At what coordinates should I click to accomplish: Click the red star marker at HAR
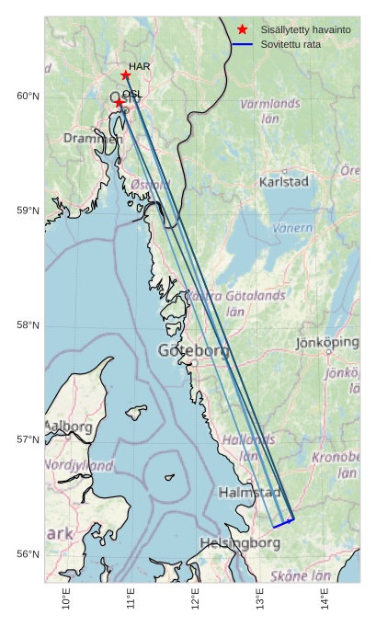point(125,75)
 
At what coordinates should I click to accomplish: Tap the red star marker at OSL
point(119,103)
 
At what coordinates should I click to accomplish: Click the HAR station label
point(140,66)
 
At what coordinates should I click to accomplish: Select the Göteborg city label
point(193,350)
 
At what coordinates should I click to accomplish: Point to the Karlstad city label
point(284,182)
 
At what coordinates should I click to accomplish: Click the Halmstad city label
point(248,493)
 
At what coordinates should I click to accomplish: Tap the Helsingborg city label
point(240,543)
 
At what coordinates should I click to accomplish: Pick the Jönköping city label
point(327,342)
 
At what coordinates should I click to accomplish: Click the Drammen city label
point(92,138)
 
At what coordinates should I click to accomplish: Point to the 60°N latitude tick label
point(28,97)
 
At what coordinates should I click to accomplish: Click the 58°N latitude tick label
point(28,325)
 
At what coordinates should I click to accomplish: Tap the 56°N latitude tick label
point(28,554)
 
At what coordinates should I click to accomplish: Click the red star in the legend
point(242,29)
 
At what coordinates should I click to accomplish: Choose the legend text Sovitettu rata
point(291,44)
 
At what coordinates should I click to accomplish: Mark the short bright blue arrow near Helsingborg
point(283,524)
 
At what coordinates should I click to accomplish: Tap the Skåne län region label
point(300,576)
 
